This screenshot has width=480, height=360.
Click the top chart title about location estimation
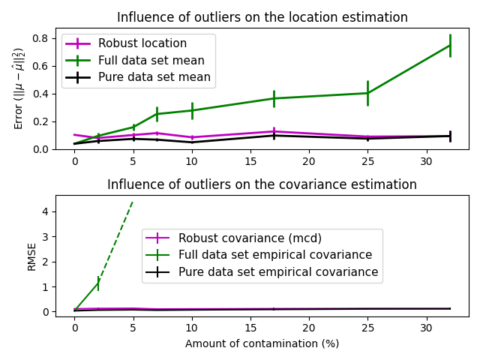pyautogui.click(x=262, y=17)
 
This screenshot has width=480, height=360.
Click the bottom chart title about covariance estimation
pyautogui.click(x=262, y=184)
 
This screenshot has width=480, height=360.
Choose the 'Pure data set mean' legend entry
pyautogui.click(x=154, y=76)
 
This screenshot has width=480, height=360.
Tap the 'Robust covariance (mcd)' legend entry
pyautogui.click(x=250, y=238)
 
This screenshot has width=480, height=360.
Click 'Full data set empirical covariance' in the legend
pyautogui.click(x=275, y=255)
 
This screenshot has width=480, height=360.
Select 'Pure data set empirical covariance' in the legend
pyautogui.click(x=278, y=271)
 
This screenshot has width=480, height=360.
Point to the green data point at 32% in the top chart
pyautogui.click(x=450, y=45)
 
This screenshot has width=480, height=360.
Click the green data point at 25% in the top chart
pyautogui.click(x=367, y=93)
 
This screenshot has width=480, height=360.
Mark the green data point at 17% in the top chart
pyautogui.click(x=274, y=98)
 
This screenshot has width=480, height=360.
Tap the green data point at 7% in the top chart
pyautogui.click(x=157, y=114)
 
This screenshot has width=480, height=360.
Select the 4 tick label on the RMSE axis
pyautogui.click(x=46, y=211)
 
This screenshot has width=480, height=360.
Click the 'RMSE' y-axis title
pyautogui.click(x=31, y=256)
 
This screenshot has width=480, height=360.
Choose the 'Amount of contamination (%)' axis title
pyautogui.click(x=262, y=343)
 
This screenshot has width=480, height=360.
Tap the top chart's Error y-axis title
pyautogui.click(x=19, y=88)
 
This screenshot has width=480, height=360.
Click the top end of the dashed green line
pyautogui.click(x=133, y=201)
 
